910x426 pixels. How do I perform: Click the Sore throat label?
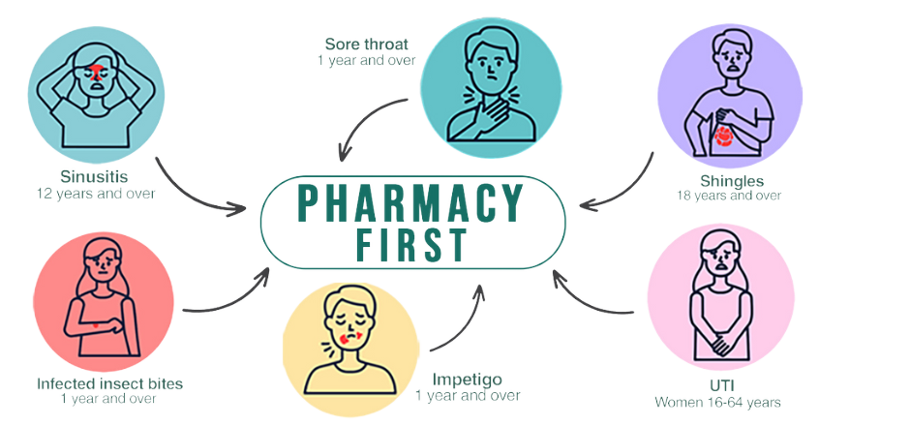[367, 44]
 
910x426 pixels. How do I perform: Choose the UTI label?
[718, 385]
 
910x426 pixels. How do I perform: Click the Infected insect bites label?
[109, 383]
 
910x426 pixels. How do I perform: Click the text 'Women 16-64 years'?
[717, 401]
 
